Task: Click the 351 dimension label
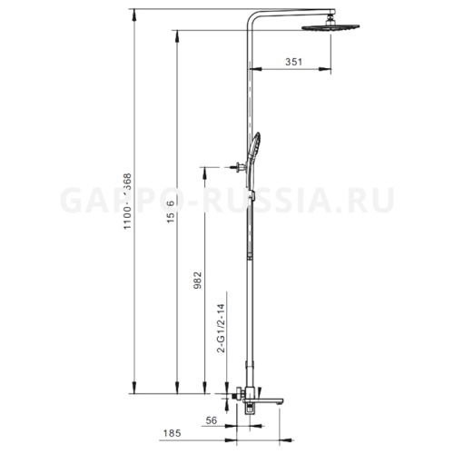(x=291, y=61)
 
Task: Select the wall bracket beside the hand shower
(x=240, y=166)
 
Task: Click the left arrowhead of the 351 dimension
(x=252, y=71)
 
